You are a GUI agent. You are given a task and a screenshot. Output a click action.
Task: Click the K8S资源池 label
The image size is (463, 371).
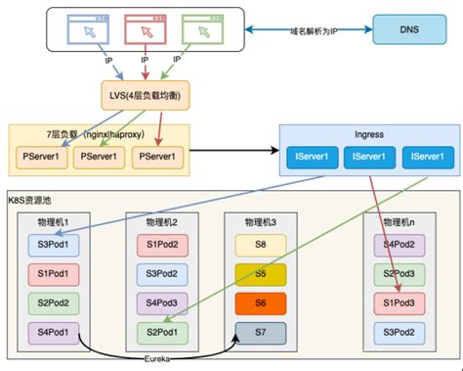[37, 198]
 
